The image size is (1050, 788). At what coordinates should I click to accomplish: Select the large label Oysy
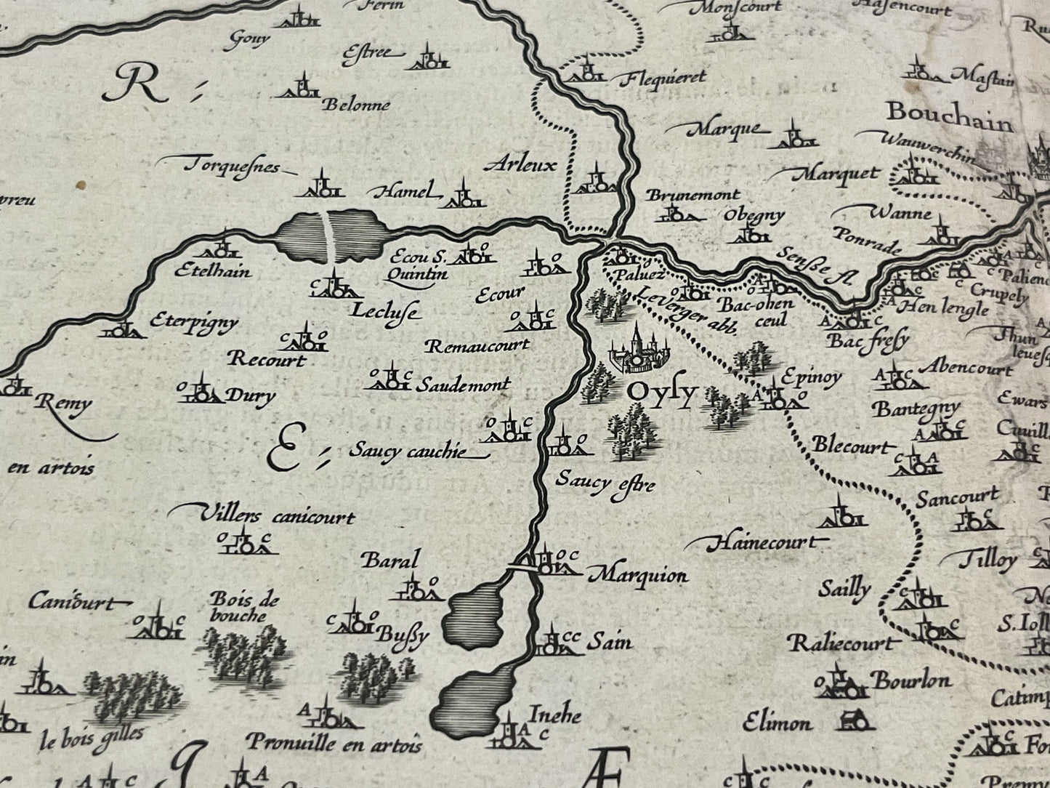[x=661, y=393]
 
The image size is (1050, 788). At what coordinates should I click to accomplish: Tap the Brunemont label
[x=692, y=195]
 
